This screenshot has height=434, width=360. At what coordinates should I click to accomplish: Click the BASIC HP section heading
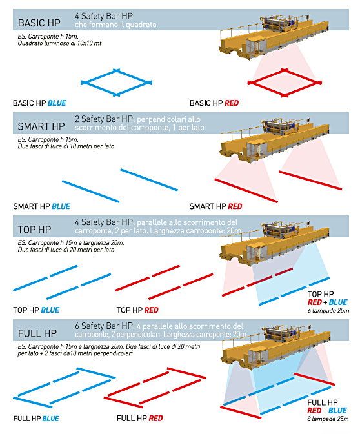(39, 23)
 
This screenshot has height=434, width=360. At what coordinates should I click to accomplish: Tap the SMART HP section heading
(41, 126)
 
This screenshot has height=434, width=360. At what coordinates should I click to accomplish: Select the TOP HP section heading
(35, 230)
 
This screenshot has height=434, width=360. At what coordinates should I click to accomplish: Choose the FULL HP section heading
(37, 333)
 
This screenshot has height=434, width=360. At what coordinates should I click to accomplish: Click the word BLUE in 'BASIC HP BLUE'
(57, 103)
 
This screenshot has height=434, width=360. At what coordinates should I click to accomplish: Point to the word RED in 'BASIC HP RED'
(232, 103)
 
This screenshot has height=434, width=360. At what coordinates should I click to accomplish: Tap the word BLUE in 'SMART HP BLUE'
(61, 206)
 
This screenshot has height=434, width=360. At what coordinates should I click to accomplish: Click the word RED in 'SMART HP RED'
(235, 206)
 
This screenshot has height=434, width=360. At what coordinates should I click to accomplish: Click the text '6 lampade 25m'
(328, 311)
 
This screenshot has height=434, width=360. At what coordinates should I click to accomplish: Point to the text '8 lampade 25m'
(328, 419)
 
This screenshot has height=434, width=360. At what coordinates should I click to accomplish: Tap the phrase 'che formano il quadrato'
(115, 25)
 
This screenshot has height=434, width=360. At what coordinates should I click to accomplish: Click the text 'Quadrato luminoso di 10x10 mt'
(59, 43)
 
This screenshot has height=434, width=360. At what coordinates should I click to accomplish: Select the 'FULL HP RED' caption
(139, 419)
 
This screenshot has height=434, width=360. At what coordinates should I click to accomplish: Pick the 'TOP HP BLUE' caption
(36, 310)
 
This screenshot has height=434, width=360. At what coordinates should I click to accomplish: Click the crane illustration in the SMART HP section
(274, 140)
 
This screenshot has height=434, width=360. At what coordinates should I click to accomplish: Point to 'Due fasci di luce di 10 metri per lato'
(66, 146)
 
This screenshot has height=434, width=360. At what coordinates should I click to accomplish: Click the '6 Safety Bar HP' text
(104, 326)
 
